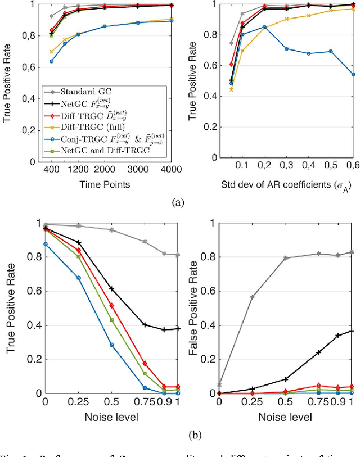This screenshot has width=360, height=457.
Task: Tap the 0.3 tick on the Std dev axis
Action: pyautogui.click(x=287, y=168)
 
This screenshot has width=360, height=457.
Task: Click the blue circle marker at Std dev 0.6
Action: pyautogui.click(x=353, y=74)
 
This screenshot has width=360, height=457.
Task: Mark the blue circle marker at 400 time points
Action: pyautogui.click(x=51, y=61)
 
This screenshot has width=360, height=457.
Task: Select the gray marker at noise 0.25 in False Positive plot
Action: pyautogui.click(x=252, y=297)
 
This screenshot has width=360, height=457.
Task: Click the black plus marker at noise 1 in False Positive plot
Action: pyautogui.click(x=353, y=331)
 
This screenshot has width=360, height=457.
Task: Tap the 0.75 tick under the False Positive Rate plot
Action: pyautogui.click(x=318, y=403)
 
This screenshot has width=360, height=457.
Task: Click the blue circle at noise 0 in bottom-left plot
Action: pyautogui.click(x=45, y=244)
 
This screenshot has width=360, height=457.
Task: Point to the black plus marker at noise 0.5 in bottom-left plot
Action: pyautogui.click(x=111, y=288)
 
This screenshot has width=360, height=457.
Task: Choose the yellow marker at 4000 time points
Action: pyautogui.click(x=172, y=19)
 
